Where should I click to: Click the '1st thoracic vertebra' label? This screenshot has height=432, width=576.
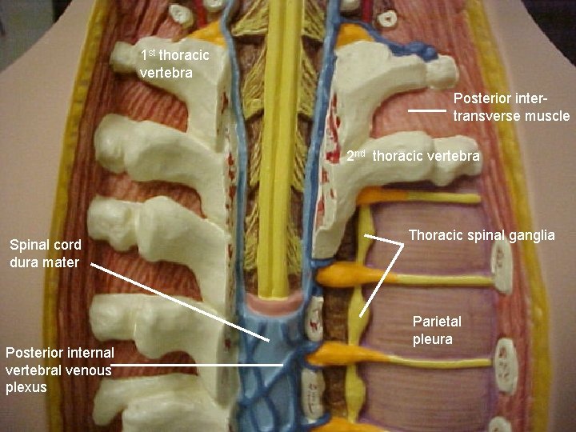[174, 64]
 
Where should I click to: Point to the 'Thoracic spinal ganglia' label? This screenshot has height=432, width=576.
[482, 235]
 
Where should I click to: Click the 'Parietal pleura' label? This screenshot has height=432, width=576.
[437, 330]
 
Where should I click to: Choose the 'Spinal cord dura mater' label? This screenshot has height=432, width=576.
[44, 254]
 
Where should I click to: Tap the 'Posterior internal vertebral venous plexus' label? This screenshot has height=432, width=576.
[59, 370]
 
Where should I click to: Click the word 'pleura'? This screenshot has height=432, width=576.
[433, 339]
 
